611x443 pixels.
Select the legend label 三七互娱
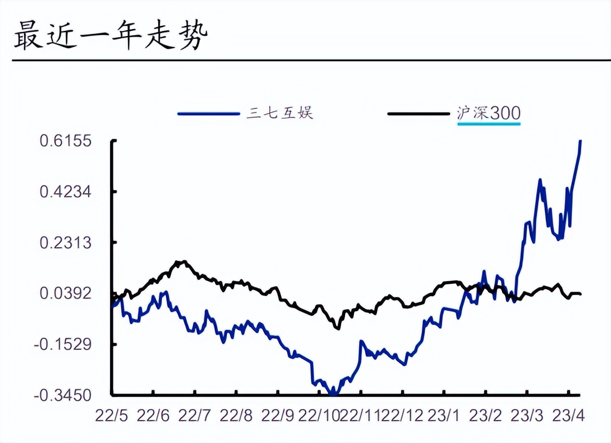[x=280, y=113]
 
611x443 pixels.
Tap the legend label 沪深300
[x=489, y=113]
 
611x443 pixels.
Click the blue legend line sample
[x=208, y=113]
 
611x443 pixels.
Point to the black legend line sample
[x=418, y=113]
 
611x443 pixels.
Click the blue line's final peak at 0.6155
[x=580, y=141]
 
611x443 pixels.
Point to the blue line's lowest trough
[x=332, y=393]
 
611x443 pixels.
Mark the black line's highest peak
[x=181, y=261]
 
